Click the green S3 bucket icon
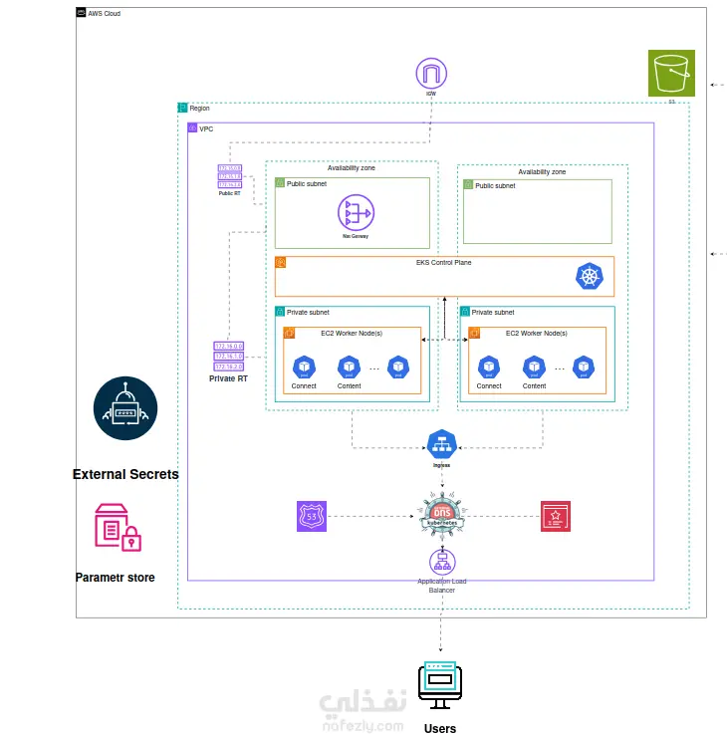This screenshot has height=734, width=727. pyautogui.click(x=671, y=73)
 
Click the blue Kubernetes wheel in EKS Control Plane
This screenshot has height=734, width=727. pyautogui.click(x=590, y=277)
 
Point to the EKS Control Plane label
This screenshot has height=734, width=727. pyautogui.click(x=444, y=263)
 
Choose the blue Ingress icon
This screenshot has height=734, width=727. pyautogui.click(x=440, y=444)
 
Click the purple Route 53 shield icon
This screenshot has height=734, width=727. pyautogui.click(x=312, y=516)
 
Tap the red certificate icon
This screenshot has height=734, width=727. pyautogui.click(x=555, y=516)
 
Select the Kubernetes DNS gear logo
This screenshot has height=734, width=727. pyautogui.click(x=441, y=516)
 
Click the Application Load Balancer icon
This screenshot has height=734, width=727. pyautogui.click(x=441, y=562)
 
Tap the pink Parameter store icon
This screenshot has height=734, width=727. pyautogui.click(x=118, y=528)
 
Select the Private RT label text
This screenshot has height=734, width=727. pyautogui.click(x=228, y=378)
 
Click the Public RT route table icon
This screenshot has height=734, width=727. pyautogui.click(x=230, y=175)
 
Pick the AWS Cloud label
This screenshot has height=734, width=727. pyautogui.click(x=105, y=14)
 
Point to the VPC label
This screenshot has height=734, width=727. pyautogui.click(x=207, y=129)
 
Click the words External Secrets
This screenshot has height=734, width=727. pyautogui.click(x=125, y=474)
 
